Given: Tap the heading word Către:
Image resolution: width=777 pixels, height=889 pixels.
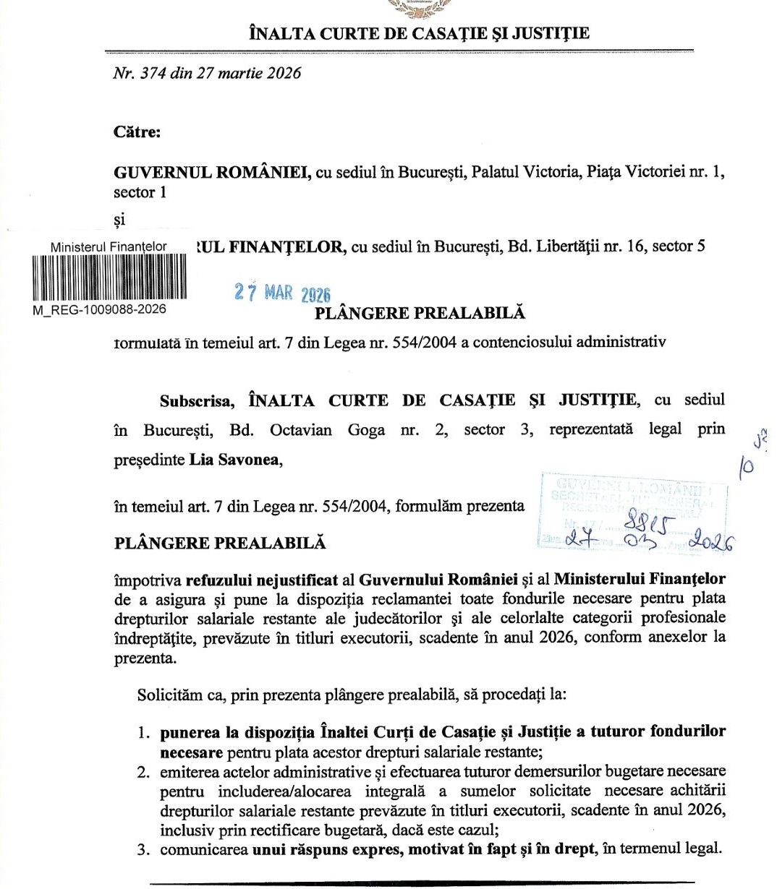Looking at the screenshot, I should click(137, 132).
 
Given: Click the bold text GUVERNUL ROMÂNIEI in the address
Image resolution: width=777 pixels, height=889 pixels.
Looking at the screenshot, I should click(213, 173).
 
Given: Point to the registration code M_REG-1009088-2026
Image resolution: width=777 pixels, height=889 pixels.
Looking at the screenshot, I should click(99, 309).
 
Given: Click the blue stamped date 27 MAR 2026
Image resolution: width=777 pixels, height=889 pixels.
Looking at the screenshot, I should click(282, 293).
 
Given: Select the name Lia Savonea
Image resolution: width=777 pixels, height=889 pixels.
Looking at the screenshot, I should click(235, 460).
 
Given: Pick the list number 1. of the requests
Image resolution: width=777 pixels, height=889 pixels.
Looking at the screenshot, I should click(144, 732).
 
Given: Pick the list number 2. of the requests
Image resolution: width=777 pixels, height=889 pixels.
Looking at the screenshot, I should click(144, 771).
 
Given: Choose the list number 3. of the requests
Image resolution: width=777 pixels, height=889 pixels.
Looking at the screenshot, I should click(144, 849).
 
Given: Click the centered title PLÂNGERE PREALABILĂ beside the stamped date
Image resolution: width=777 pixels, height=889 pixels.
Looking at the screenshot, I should click(420, 313).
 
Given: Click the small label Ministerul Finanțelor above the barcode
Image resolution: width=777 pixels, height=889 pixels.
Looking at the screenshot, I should click(109, 247).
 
